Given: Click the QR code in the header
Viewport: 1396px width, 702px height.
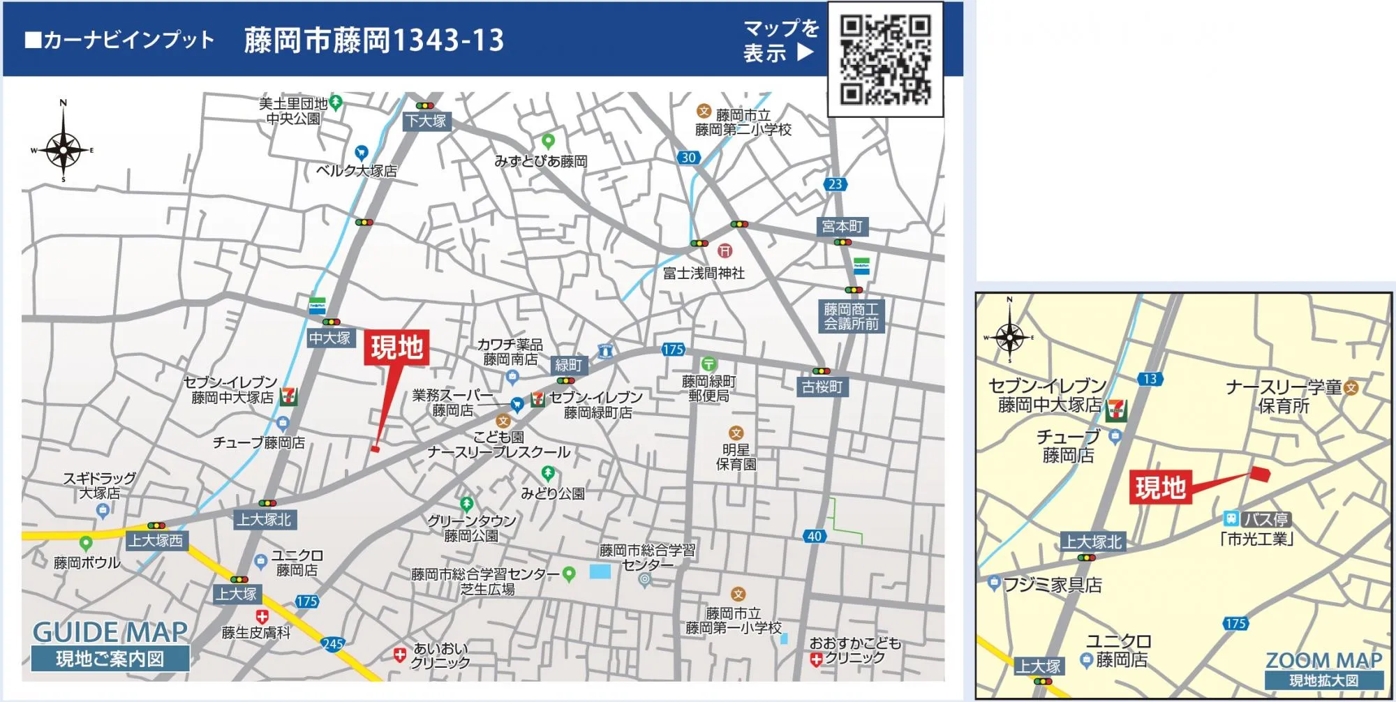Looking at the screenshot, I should click(x=885, y=59).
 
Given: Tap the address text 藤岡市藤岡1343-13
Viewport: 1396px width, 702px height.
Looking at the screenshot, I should click(x=373, y=40).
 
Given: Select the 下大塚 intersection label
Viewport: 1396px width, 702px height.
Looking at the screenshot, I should click(x=426, y=121).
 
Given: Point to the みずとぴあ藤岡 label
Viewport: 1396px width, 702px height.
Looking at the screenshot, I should click(x=541, y=161).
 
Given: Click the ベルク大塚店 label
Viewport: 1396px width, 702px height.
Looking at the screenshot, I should click(x=356, y=170).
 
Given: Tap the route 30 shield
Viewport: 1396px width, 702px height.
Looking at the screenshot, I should click(x=689, y=158).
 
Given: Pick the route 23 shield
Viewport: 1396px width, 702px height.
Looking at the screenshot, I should click(x=836, y=184).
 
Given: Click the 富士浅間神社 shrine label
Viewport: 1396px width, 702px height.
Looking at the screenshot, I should click(x=704, y=274).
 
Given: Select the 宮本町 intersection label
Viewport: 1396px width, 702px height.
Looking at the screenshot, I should click(x=842, y=226).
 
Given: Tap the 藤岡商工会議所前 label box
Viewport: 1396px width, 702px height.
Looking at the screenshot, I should click(x=851, y=316).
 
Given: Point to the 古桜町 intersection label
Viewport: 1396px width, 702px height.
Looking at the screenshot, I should click(x=822, y=387).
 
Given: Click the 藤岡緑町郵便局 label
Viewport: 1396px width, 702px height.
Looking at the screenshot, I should click(x=708, y=389).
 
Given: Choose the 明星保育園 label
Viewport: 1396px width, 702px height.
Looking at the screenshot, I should click(x=736, y=457).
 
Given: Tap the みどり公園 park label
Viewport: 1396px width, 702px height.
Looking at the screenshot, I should click(x=552, y=493).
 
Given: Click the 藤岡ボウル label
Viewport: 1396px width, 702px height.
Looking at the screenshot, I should click(x=87, y=562).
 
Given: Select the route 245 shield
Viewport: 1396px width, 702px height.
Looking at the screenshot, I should click(x=332, y=643).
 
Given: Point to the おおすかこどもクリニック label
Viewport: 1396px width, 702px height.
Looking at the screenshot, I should click(x=856, y=650).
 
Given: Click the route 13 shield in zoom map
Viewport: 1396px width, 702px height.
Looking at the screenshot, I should click(x=1150, y=379).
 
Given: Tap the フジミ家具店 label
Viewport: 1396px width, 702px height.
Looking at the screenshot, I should click(x=1052, y=585).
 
